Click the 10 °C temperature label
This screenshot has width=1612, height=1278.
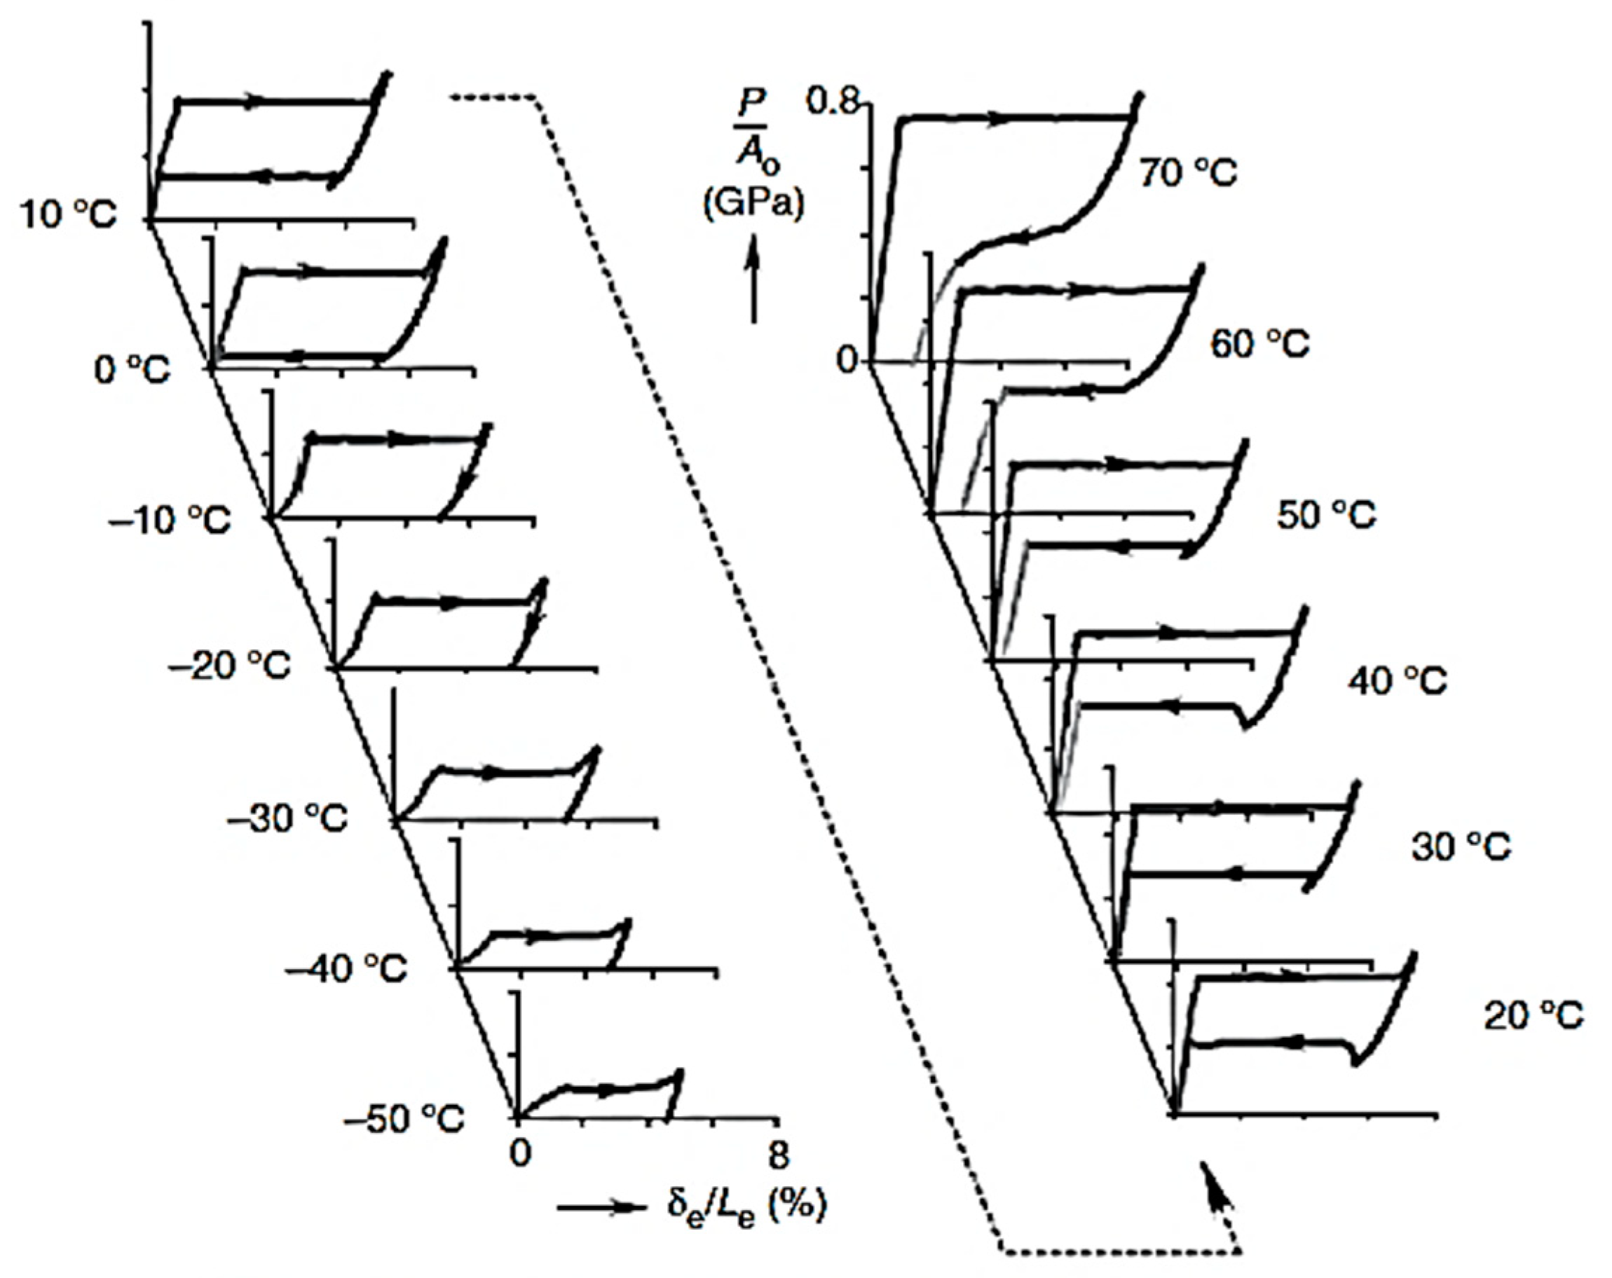click(68, 215)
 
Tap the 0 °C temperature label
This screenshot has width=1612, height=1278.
click(132, 369)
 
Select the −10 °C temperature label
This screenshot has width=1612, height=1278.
click(170, 518)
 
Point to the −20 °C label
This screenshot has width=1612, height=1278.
click(230, 665)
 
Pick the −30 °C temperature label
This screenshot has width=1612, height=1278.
click(288, 819)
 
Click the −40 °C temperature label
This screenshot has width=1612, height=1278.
click(347, 969)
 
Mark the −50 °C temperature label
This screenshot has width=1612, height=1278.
click(404, 1120)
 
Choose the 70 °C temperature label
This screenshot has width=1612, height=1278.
click(1188, 172)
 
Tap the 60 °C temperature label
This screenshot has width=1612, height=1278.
click(1261, 344)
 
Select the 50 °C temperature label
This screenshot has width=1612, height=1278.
click(1326, 516)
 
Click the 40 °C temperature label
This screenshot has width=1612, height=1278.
click(1398, 681)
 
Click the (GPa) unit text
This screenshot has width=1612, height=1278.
click(753, 203)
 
